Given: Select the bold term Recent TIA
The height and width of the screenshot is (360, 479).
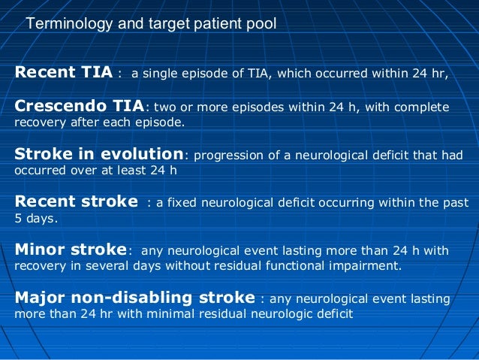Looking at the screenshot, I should [63, 73].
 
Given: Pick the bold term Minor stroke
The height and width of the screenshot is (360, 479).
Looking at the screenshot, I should [71, 250].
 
